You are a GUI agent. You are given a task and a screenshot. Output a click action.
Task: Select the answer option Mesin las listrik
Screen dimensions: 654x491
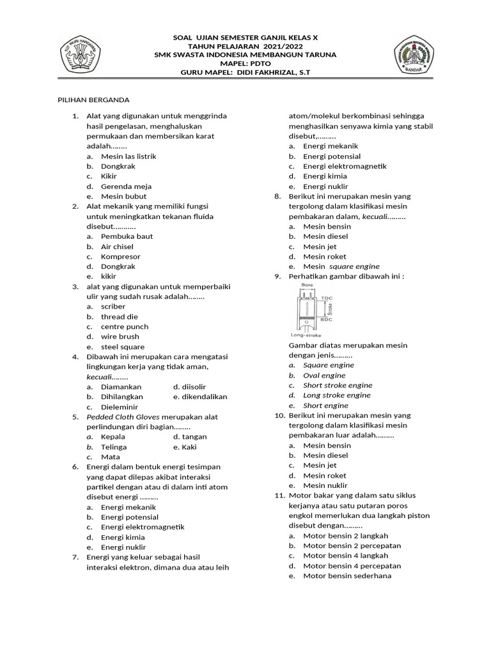coord(128,156)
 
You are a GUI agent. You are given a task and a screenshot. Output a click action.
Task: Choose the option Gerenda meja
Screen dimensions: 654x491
coord(126,186)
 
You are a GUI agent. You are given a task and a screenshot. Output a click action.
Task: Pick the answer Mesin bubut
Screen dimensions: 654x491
coord(123,197)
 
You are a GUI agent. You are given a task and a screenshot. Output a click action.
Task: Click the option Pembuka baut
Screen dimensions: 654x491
coord(127,236)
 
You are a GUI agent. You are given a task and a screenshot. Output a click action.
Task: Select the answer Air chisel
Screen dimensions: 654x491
coord(117,247)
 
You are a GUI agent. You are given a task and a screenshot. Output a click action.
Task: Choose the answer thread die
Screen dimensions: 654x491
coord(120,317)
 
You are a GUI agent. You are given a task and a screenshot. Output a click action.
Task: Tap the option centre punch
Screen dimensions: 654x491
coord(124,327)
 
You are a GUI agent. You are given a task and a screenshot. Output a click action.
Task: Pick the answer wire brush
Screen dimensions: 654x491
coord(120,337)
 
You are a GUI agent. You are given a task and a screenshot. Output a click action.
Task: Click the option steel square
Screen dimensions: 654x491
coord(123,347)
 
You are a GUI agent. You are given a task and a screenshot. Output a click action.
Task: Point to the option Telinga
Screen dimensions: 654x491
coord(114,447)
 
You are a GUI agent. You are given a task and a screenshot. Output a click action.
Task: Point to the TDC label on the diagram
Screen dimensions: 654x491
coord(327,298)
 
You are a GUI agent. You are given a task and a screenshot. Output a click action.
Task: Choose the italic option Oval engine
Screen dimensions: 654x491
coord(324,376)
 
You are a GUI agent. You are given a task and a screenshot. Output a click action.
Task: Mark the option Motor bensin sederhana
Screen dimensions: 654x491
coord(347,576)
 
